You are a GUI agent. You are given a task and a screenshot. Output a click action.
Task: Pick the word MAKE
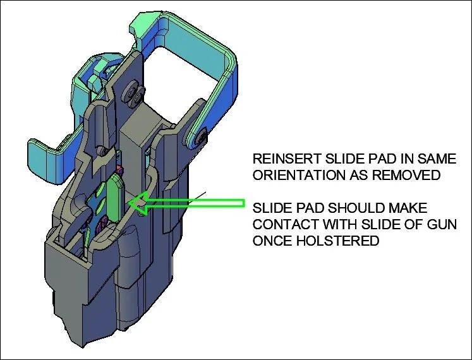411,208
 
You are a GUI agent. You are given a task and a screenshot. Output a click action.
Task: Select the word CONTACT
282,224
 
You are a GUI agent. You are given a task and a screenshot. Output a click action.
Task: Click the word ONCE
272,241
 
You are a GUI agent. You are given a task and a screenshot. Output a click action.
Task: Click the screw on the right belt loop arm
202,134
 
